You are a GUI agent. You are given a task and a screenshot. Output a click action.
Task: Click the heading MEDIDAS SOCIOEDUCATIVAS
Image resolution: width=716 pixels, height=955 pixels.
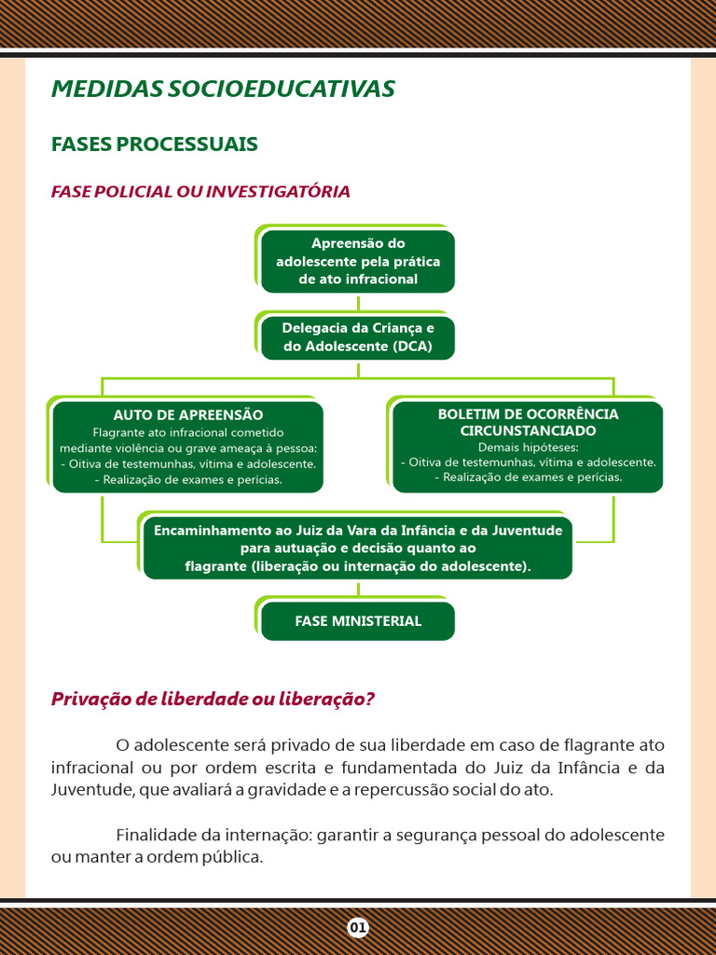[223, 89]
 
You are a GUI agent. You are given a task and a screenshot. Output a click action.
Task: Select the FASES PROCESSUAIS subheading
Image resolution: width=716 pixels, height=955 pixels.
[155, 145]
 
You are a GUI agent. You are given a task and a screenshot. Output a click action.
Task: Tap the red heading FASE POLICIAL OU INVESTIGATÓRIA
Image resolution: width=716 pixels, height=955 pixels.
[200, 191]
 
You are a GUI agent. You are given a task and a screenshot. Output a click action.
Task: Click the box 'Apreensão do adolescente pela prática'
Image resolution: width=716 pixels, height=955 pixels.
[358, 261]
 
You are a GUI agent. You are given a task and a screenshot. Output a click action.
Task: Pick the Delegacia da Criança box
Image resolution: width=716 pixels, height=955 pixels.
[358, 338]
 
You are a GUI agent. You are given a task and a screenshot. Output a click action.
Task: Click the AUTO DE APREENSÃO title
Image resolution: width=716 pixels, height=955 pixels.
[188, 415]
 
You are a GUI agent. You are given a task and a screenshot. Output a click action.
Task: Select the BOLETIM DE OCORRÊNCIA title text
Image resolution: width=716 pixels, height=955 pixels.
[528, 414]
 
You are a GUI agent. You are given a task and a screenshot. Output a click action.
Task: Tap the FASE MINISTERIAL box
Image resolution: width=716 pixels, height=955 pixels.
[358, 621]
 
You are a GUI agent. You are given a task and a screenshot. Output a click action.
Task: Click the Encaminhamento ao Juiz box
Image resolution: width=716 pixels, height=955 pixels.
[358, 547]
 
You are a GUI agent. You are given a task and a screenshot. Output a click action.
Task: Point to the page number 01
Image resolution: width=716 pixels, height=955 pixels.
[358, 927]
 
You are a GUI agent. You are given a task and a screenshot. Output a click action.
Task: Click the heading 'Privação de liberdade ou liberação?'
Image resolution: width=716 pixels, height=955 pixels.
[213, 699]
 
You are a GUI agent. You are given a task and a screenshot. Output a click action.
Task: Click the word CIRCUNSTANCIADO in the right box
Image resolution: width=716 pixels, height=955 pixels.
[528, 431]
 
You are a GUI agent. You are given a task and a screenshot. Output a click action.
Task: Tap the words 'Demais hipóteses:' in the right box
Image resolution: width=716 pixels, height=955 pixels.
[528, 447]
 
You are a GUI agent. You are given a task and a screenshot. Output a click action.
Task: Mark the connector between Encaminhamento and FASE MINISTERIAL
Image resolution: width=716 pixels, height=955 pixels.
[358, 590]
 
